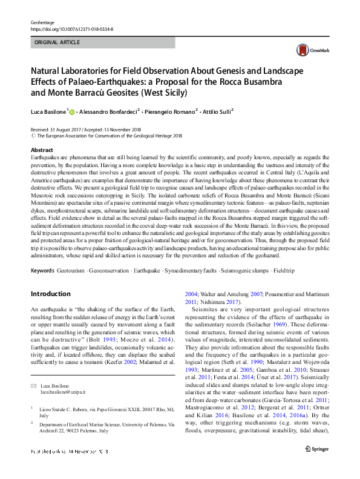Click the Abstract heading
[x=42, y=150]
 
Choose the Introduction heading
[x=50, y=294]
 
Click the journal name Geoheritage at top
[x=44, y=22]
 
